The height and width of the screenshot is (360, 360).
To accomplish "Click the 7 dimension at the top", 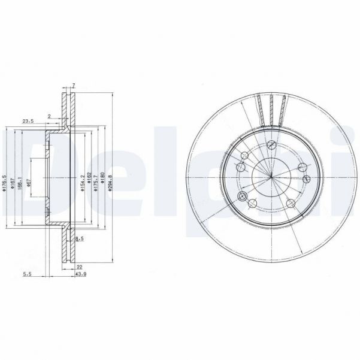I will (x=72, y=86).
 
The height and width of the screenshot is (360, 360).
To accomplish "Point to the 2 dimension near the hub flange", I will (x=50, y=116).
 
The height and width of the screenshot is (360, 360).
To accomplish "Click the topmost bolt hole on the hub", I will (x=271, y=144).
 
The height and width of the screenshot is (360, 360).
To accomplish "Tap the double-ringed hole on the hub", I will (x=243, y=196).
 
